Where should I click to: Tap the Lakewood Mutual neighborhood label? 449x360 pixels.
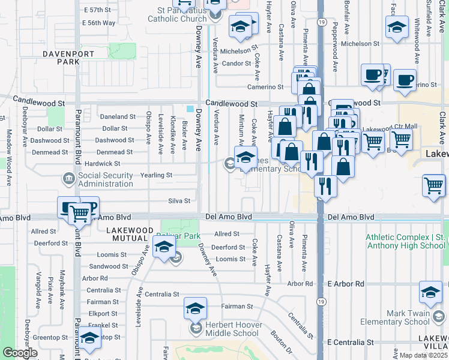click(137, 234)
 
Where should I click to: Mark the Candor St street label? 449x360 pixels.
click(236, 63)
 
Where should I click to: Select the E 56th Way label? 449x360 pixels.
click(100, 23)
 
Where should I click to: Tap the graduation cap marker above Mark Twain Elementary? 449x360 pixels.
click(430, 292)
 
